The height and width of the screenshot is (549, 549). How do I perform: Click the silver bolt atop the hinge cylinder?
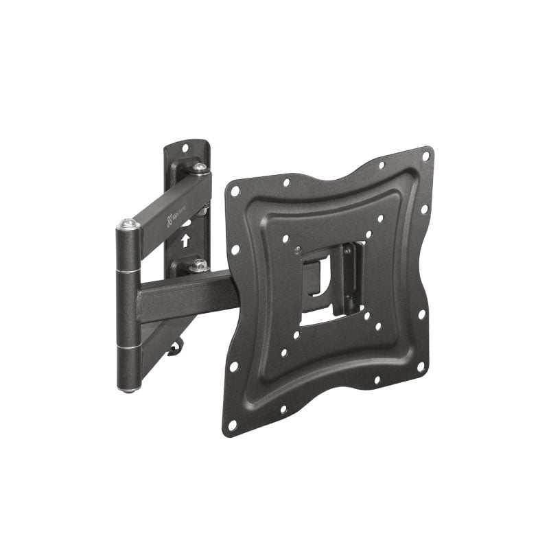pos(128,223)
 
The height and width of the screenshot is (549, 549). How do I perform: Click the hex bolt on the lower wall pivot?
pos(199,264)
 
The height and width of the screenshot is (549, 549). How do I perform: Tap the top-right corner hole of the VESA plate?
pos(425,156)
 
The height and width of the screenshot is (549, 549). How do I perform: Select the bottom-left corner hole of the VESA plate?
pos(232,425)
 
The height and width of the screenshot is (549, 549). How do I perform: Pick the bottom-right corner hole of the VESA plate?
pos(421,367)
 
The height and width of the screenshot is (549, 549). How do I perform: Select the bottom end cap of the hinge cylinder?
pos(128,388)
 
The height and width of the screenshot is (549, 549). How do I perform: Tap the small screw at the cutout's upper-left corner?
pos(296,249)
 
